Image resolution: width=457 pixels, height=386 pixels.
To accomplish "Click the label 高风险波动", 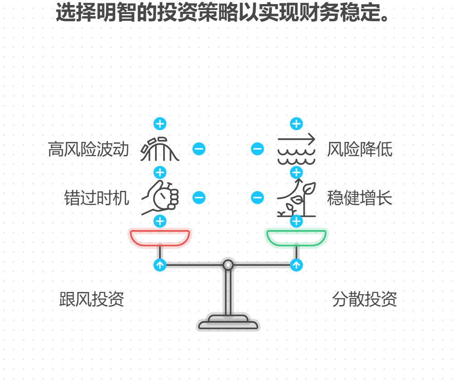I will click(x=89, y=150).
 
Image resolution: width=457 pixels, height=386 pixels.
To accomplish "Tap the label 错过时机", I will click(x=97, y=198).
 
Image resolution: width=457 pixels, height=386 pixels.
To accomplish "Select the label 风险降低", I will click(x=360, y=150).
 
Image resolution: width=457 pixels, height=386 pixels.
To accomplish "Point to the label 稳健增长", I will click(x=360, y=198).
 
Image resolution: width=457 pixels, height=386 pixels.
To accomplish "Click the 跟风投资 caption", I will click(x=92, y=299).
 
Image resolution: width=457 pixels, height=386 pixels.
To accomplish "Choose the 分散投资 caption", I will click(x=364, y=299).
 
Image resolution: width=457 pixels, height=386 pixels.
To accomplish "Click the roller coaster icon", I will click(x=160, y=149).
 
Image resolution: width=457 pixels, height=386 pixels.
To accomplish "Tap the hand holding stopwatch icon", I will click(x=160, y=198).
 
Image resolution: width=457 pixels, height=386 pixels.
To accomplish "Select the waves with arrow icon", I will click(x=296, y=149).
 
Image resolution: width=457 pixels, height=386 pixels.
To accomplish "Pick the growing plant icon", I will click(x=296, y=199).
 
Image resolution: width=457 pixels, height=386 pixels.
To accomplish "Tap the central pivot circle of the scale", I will click(x=228, y=265).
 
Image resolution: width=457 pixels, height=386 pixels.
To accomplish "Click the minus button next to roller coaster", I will click(x=199, y=149).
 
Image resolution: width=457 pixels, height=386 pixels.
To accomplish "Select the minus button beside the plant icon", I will click(x=257, y=198).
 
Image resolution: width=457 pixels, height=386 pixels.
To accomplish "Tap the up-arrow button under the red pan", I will click(x=160, y=265).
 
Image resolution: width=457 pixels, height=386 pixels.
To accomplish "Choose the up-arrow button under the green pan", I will click(x=296, y=265).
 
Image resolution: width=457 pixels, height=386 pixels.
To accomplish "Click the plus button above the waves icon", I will click(x=296, y=124).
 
